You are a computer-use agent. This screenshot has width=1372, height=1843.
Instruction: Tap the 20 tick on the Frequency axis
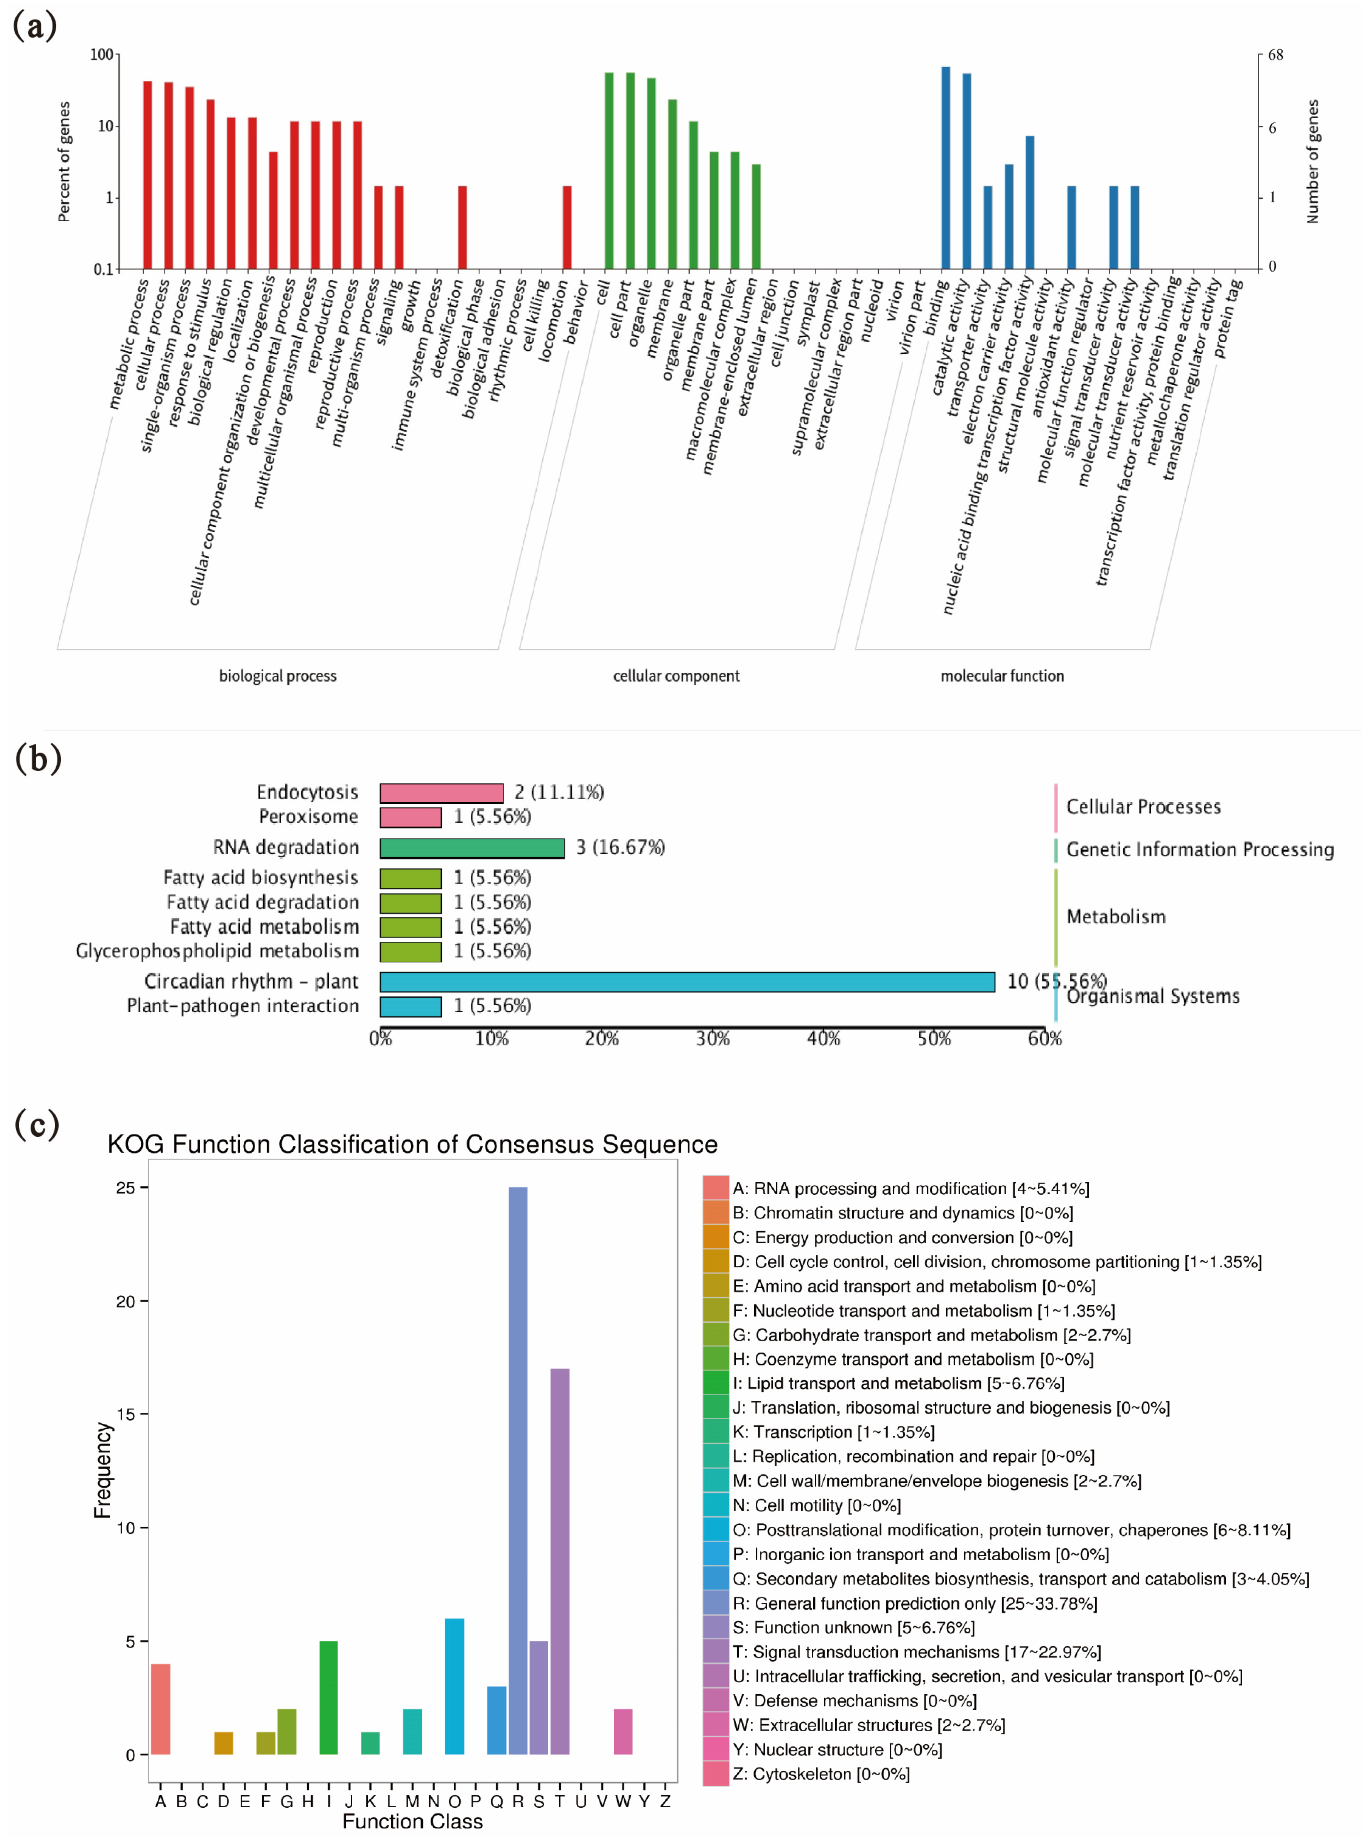click(125, 1302)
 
